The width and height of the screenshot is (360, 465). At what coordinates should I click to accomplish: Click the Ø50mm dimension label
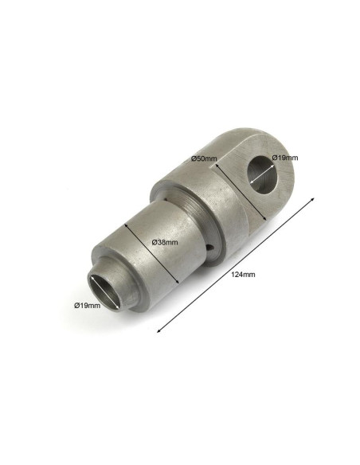(x=204, y=158)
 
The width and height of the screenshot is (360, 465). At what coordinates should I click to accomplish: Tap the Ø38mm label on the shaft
(x=165, y=242)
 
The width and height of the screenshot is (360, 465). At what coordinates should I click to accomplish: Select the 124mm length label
(x=243, y=275)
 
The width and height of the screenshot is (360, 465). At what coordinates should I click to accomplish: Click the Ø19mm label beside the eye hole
(x=284, y=158)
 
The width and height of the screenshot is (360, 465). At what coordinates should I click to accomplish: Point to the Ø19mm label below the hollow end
(x=87, y=305)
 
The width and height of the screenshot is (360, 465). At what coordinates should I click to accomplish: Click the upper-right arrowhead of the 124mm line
(x=312, y=199)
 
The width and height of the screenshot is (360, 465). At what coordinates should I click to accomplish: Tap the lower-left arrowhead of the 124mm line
(x=159, y=330)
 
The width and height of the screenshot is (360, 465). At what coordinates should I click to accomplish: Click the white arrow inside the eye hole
(x=262, y=174)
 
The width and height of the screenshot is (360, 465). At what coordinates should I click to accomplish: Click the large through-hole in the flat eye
(x=263, y=175)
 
